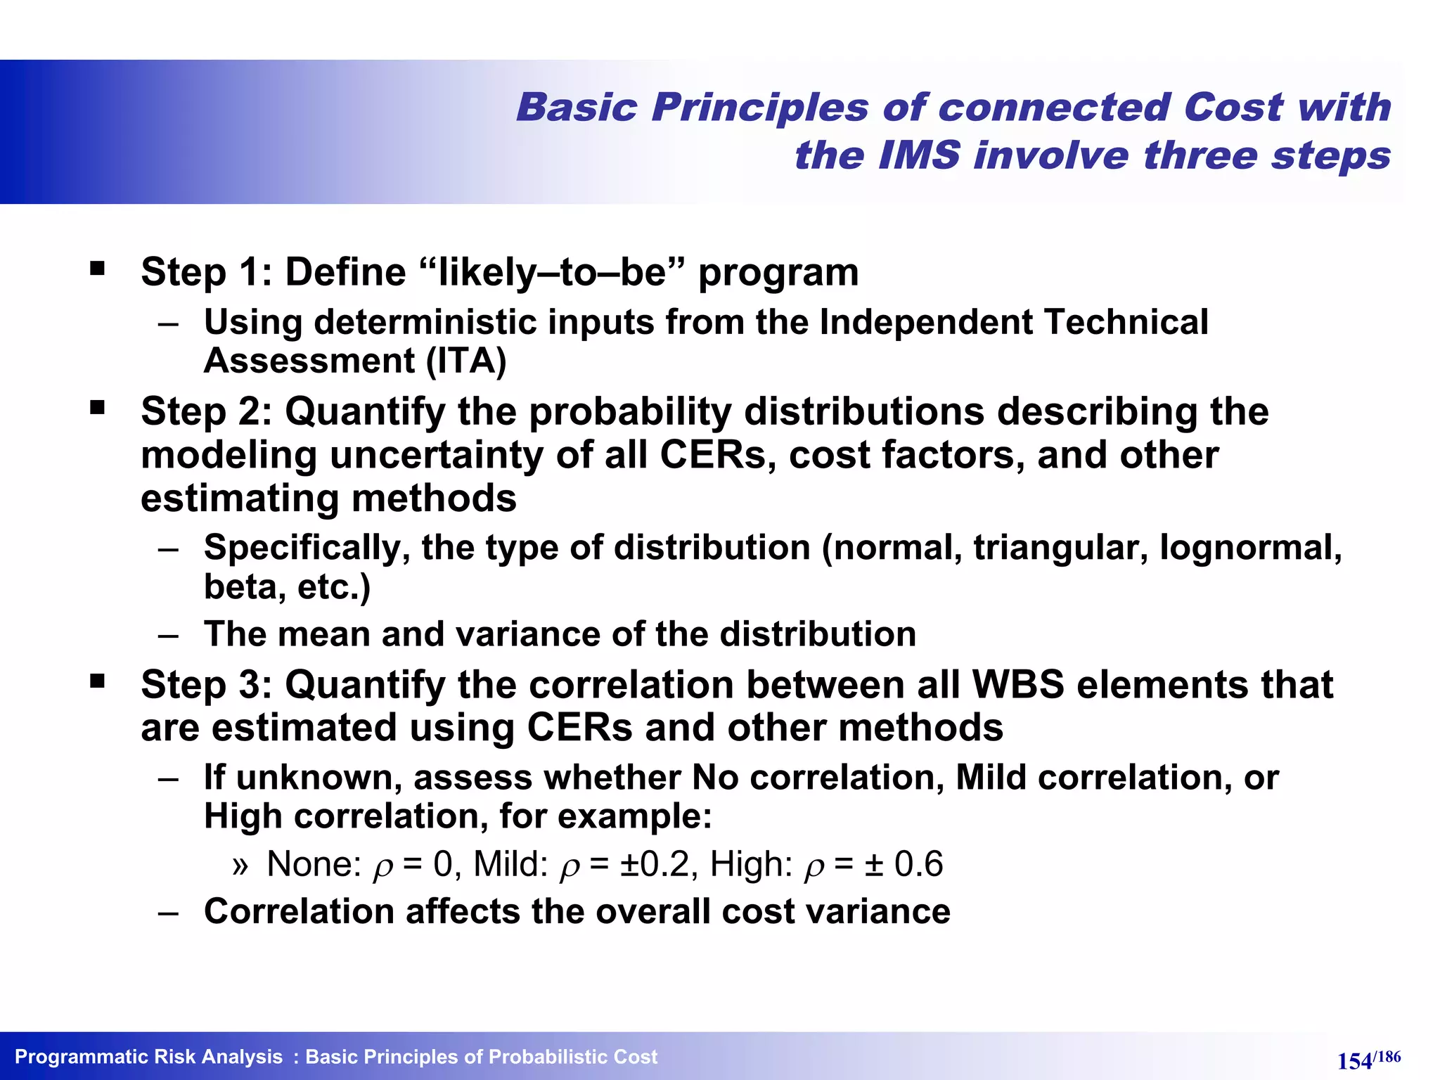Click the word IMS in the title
pyautogui.click(x=918, y=155)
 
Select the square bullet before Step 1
pyautogui.click(x=97, y=268)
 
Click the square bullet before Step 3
pyautogui.click(x=97, y=681)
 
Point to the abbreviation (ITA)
pyautogui.click(x=465, y=361)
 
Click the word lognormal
pyautogui.click(x=1250, y=548)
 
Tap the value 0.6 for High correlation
pyautogui.click(x=918, y=864)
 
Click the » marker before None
pyautogui.click(x=240, y=866)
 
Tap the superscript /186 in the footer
pyautogui.click(x=1387, y=1056)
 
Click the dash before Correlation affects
pyautogui.click(x=168, y=913)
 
